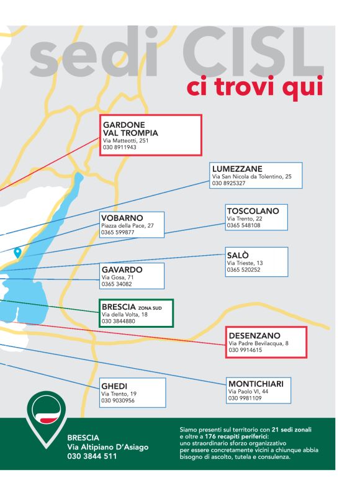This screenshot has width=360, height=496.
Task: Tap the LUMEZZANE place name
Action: (x=236, y=169)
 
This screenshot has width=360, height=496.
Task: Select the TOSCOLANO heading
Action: (x=253, y=211)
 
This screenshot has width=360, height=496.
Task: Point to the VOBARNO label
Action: (x=122, y=218)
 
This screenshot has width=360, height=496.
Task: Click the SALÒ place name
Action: (x=238, y=255)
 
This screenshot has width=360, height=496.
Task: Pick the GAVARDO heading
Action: (x=122, y=270)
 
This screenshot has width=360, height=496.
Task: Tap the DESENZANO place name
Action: (x=254, y=336)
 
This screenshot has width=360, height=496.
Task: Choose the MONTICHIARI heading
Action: (x=255, y=384)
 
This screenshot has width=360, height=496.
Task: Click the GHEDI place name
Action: (x=114, y=386)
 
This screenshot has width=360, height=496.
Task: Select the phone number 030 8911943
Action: (x=119, y=148)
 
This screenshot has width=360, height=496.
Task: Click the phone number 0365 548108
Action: (x=243, y=226)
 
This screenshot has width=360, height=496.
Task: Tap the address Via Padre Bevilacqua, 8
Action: (x=258, y=343)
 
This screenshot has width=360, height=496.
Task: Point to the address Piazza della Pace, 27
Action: (x=127, y=225)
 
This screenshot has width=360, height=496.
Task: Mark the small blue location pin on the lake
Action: (x=17, y=252)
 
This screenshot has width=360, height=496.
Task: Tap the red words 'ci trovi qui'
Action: (x=254, y=87)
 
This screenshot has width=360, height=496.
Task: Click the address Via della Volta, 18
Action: (x=125, y=315)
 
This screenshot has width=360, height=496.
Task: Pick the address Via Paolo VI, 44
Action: (x=248, y=392)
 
